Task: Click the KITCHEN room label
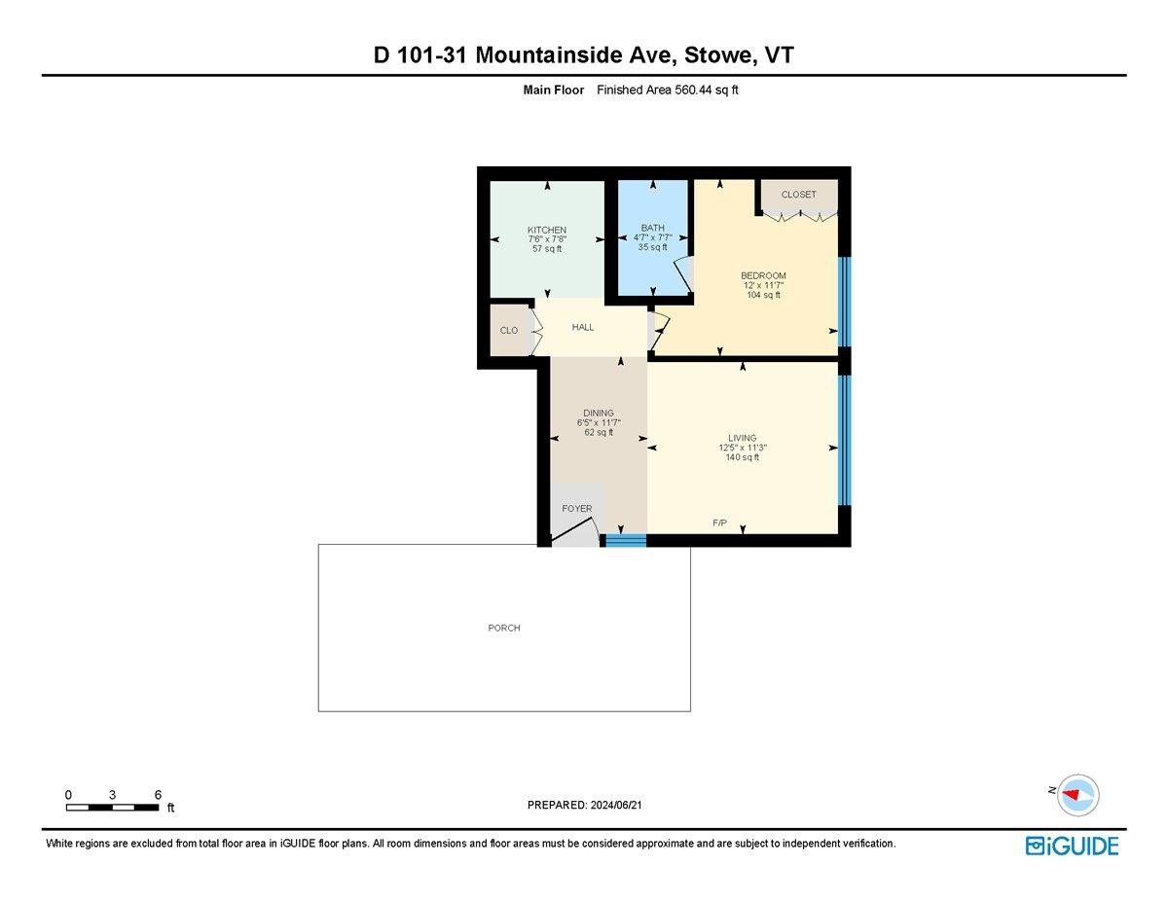tap(547, 231)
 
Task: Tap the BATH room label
tap(652, 228)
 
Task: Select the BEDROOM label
tap(763, 274)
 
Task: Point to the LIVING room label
tap(742, 438)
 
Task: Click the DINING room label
tap(599, 413)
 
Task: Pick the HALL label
tap(583, 327)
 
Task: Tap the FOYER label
tap(577, 508)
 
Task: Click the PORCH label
tap(504, 628)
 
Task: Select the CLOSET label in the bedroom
tap(799, 195)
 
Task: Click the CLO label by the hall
tap(509, 331)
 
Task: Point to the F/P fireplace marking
tap(719, 523)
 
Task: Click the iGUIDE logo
tap(1072, 846)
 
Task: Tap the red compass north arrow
tap(1074, 794)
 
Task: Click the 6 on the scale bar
tap(158, 794)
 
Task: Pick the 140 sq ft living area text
tap(742, 457)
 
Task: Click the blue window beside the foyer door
tap(626, 540)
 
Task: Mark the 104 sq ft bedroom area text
tap(763, 295)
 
